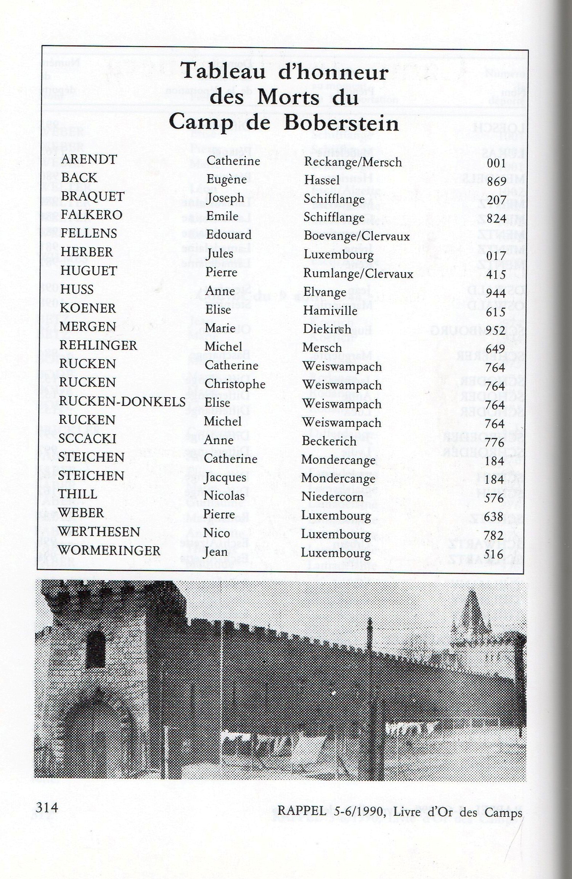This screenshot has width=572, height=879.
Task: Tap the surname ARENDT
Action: click(88, 159)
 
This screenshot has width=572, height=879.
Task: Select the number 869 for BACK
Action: click(496, 181)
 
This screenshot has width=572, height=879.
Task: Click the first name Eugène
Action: click(227, 179)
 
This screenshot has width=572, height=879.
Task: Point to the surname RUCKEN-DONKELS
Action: click(122, 402)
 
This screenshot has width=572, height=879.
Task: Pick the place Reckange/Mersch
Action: click(353, 162)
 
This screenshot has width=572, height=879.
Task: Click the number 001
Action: click(496, 163)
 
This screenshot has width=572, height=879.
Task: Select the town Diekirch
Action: click(327, 329)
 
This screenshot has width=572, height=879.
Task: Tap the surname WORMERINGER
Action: click(109, 550)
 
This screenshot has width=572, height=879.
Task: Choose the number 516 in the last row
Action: click(495, 554)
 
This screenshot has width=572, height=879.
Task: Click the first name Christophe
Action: click(235, 384)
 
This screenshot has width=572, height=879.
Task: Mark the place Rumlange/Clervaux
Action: click(358, 273)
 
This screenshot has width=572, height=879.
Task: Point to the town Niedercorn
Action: click(332, 497)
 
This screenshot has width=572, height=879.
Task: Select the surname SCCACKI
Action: click(87, 439)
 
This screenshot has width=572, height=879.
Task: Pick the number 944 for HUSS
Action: click(496, 293)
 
